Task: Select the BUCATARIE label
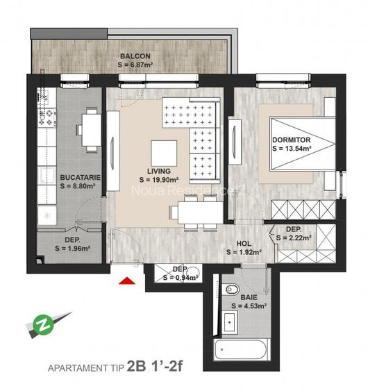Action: [x=81, y=177]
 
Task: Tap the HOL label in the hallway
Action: [x=244, y=244]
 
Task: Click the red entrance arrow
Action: [x=127, y=281]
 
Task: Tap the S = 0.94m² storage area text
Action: [x=178, y=277]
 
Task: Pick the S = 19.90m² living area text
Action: [x=160, y=180]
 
